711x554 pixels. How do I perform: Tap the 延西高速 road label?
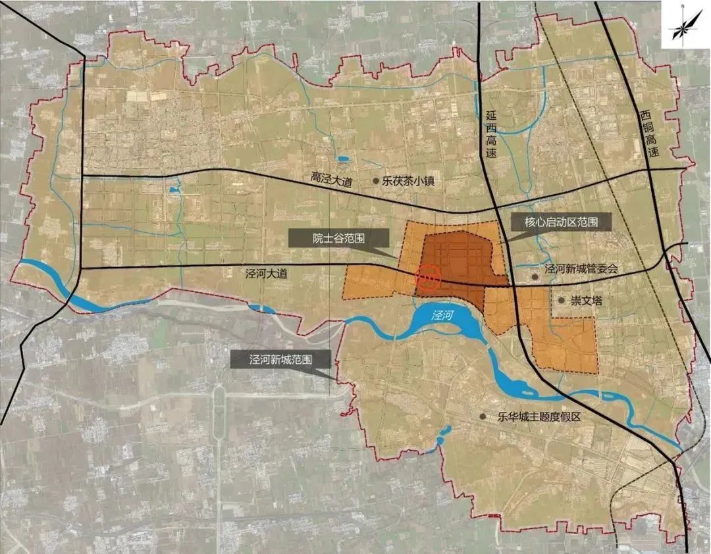489,132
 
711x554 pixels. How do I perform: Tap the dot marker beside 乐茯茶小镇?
376,180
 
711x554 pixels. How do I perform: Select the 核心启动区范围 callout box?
562,222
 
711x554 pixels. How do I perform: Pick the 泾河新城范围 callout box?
280,360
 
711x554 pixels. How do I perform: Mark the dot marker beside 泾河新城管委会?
536,278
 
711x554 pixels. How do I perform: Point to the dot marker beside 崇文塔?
561,300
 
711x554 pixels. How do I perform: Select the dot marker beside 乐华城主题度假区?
484,416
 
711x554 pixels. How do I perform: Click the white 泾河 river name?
444,315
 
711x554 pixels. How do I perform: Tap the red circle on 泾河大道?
428,278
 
